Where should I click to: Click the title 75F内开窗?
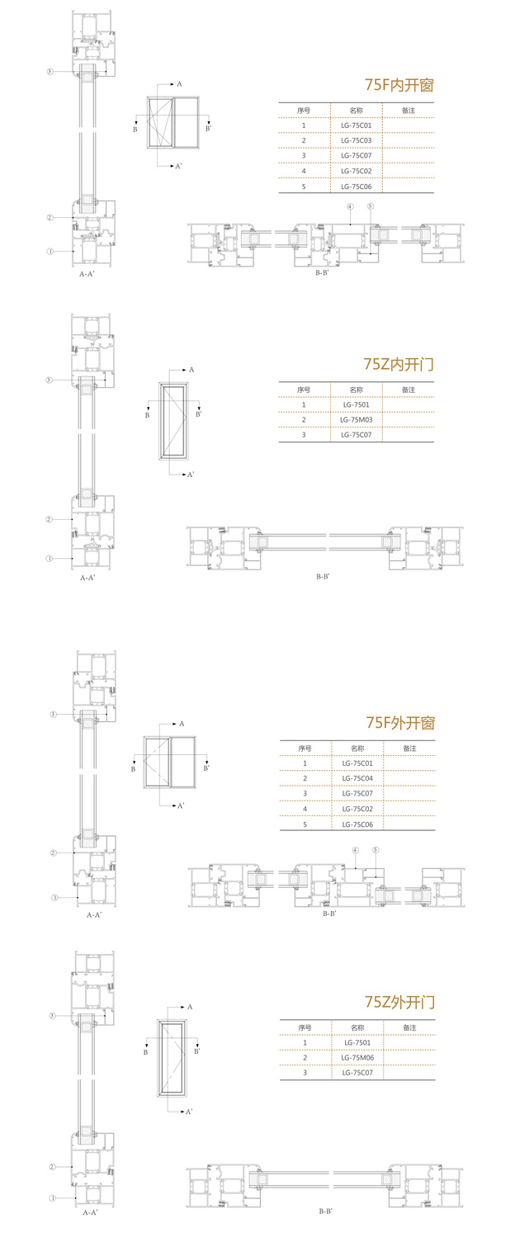click(399, 85)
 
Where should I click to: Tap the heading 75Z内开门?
click(399, 364)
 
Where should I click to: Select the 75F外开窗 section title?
click(399, 724)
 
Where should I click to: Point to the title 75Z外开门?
click(399, 1003)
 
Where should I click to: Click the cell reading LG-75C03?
click(357, 140)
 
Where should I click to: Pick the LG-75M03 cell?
click(357, 419)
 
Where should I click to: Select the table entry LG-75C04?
click(357, 778)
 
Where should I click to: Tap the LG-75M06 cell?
click(357, 1057)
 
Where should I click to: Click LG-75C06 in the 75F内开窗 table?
click(357, 186)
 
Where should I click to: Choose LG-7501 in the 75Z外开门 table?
click(357, 1042)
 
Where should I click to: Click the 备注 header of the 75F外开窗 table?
click(409, 748)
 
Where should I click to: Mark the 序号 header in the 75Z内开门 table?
click(304, 390)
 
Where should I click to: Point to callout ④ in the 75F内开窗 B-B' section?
click(350, 206)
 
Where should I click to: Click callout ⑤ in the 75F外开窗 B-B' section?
click(375, 850)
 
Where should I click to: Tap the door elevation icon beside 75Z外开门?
click(172, 1059)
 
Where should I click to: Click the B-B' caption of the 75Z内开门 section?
click(323, 576)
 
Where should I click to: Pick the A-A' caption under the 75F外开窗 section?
click(94, 915)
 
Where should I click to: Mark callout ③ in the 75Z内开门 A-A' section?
click(50, 380)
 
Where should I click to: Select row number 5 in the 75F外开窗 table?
click(305, 824)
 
